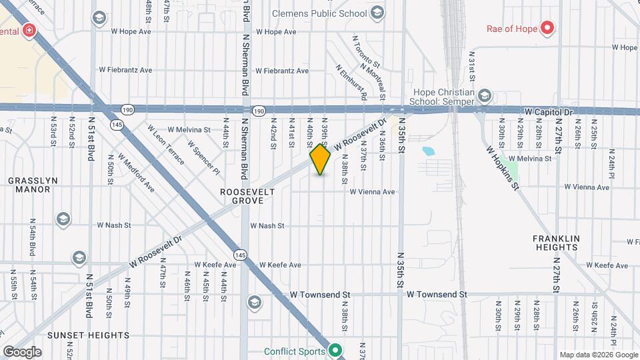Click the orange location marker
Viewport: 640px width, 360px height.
(320, 160)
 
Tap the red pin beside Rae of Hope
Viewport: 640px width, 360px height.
(547, 28)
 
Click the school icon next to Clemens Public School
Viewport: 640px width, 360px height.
(377, 13)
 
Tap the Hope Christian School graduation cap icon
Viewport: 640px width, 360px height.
(485, 96)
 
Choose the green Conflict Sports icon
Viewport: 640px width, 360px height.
(336, 351)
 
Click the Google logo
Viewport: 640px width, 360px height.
(21, 352)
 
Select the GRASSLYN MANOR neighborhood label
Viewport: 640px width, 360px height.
(29, 185)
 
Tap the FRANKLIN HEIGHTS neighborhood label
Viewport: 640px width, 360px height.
(555, 243)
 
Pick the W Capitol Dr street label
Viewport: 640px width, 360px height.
(549, 112)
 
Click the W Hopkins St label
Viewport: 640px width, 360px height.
(503, 167)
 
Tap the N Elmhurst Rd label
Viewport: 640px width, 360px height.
(352, 83)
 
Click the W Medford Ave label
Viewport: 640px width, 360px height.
(137, 173)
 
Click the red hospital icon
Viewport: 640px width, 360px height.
(29, 31)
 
